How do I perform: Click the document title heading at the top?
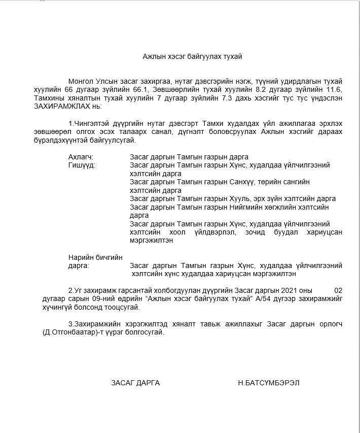click(x=192, y=56)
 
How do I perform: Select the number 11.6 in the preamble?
click(x=335, y=90)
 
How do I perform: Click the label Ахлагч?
click(x=81, y=157)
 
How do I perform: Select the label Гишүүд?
click(x=82, y=165)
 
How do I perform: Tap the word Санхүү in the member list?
click(x=243, y=182)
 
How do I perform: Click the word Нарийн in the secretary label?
click(x=80, y=257)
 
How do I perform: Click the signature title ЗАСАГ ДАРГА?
click(x=135, y=383)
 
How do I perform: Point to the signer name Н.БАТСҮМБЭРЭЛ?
click(x=268, y=383)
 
